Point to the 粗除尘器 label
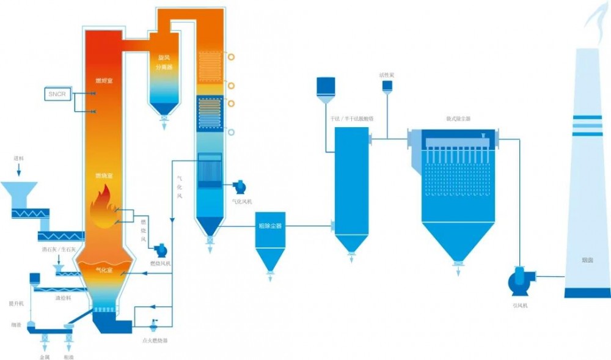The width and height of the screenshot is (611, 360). (x=271, y=226)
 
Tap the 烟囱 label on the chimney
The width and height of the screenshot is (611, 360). (x=587, y=260)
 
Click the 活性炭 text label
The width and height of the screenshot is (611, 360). (x=387, y=75)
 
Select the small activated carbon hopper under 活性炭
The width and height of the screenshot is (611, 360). (x=387, y=87)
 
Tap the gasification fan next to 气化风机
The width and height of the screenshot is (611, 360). (x=240, y=187)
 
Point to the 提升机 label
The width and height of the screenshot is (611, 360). (x=16, y=303)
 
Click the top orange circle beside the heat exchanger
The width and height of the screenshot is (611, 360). (x=232, y=56)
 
